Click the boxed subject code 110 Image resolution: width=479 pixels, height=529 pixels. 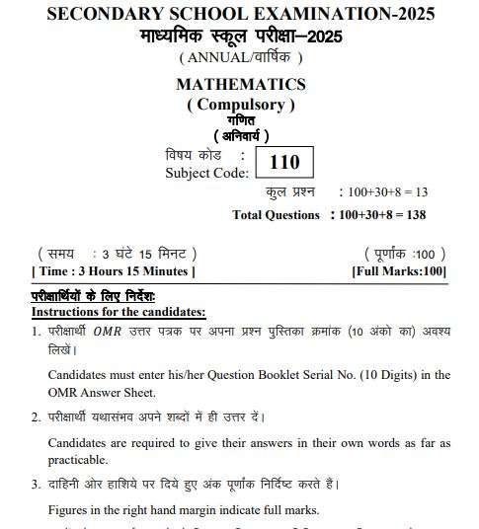pos(283,161)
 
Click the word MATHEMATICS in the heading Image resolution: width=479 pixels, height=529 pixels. pos(240,85)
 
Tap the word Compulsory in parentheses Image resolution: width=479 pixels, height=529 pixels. pos(240,105)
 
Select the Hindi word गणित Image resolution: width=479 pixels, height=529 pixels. pos(240,120)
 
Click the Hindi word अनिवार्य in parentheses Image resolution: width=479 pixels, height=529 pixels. pos(240,136)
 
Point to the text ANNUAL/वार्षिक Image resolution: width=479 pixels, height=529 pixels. pos(240,56)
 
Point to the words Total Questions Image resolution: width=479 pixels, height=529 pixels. pos(276,214)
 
